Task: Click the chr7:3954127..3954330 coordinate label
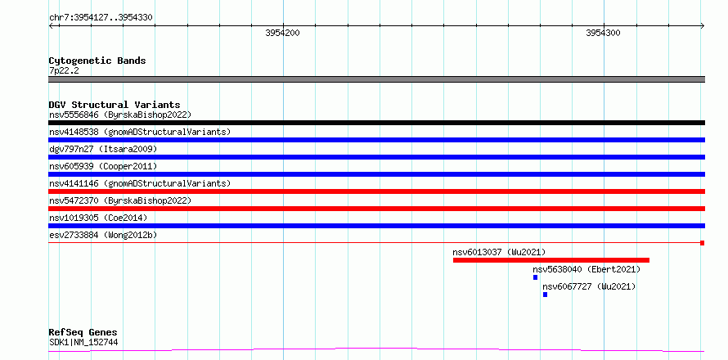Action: point(101,18)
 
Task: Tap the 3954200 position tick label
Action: point(282,33)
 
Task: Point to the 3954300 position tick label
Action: point(603,33)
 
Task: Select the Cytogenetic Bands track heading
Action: point(97,61)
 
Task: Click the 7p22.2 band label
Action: point(64,71)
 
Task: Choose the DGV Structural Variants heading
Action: point(115,105)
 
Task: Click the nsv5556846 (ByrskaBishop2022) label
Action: point(120,115)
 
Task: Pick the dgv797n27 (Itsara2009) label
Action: point(103,149)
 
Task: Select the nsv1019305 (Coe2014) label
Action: point(98,218)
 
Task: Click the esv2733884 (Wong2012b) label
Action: point(103,235)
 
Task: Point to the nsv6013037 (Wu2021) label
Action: point(499,252)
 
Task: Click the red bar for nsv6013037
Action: point(551,260)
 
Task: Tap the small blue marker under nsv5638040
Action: point(535,277)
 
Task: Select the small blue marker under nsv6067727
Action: point(545,295)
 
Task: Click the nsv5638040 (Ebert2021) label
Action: point(586,269)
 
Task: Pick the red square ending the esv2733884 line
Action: point(703,243)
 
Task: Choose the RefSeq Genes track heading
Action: point(83,333)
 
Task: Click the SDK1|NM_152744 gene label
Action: point(83,343)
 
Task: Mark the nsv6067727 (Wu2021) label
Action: point(589,286)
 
